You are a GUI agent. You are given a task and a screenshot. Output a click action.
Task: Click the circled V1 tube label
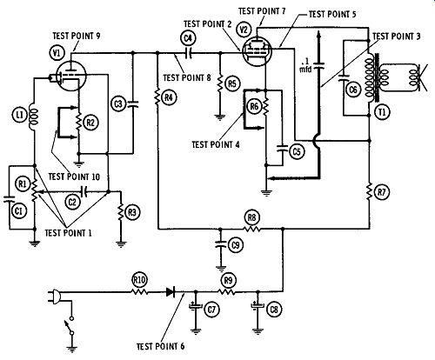57,53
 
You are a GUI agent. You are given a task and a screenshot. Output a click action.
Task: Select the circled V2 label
244,30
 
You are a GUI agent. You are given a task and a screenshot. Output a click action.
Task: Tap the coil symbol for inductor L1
34,117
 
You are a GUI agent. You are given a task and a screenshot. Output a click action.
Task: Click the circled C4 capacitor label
188,38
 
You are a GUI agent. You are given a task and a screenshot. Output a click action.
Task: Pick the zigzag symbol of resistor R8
252,229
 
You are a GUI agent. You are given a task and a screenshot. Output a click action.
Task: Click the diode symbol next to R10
171,292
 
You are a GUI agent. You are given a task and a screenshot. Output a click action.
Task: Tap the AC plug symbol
55,297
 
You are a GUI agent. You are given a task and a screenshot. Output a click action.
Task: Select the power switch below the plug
70,326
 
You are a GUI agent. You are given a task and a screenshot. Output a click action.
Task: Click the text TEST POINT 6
160,346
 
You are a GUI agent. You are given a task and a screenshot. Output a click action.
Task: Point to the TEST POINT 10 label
74,177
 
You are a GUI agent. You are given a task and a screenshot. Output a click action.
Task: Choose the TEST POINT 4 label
216,144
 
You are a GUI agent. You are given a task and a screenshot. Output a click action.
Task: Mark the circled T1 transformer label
383,111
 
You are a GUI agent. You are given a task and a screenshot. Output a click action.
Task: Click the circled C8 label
274,310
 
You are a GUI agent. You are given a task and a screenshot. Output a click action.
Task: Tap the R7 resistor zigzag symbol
370,191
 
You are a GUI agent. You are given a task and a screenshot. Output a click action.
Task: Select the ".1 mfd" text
305,66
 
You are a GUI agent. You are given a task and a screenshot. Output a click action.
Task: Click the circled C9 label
236,245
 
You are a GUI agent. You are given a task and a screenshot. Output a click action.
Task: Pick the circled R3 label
132,212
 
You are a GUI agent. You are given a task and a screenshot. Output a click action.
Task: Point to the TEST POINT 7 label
262,11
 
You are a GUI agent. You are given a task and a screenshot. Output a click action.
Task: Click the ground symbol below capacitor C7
196,330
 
